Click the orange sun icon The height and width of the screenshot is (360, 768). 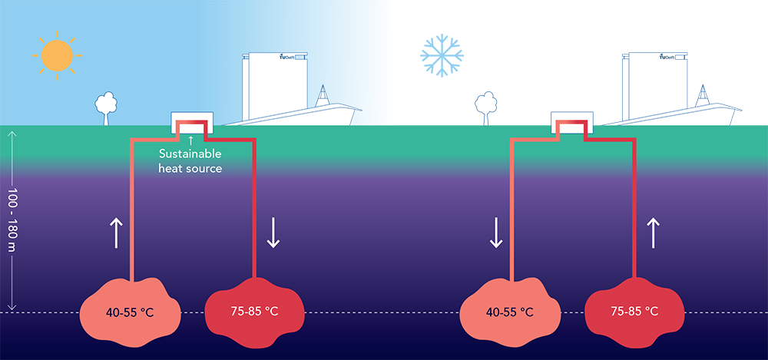(57, 55)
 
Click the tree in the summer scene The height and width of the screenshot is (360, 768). (105, 107)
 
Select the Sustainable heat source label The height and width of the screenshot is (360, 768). (190, 161)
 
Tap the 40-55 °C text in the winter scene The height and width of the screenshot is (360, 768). (509, 312)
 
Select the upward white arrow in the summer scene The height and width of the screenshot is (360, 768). (116, 233)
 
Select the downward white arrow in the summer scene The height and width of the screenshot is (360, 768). (273, 233)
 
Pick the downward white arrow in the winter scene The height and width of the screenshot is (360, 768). (495, 233)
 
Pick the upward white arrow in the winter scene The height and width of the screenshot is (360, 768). (653, 233)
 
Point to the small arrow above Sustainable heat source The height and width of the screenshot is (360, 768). (190, 140)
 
